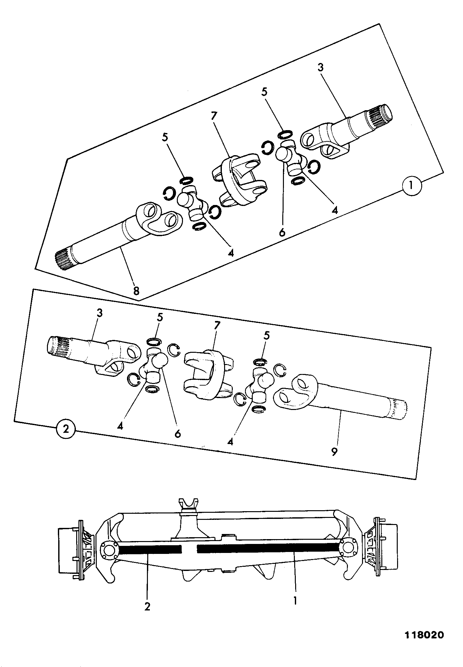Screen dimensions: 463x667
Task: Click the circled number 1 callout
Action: [x=412, y=186]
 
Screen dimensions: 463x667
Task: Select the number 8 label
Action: [x=136, y=291]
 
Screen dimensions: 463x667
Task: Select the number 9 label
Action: [x=334, y=452]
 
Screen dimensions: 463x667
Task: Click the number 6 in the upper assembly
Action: [x=282, y=232]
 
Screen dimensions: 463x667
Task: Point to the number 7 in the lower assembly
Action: [x=216, y=325]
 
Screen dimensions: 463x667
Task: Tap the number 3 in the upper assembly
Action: [x=320, y=67]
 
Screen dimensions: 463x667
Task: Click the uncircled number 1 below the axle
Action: [x=295, y=600]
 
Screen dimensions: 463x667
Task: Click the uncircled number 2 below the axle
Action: [x=147, y=607]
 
